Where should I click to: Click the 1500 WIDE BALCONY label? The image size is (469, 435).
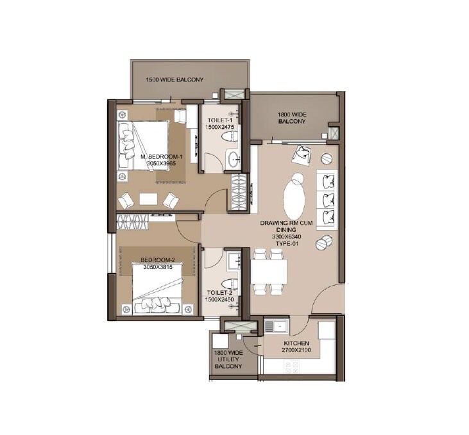pyautogui.click(x=175, y=80)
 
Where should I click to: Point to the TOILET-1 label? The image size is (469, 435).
pyautogui.click(x=221, y=120)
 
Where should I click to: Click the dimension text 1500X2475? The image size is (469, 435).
pyautogui.click(x=221, y=127)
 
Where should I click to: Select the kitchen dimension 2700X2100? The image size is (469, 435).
pyautogui.click(x=297, y=351)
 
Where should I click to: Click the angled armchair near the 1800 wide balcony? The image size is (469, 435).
pyautogui.click(x=302, y=154)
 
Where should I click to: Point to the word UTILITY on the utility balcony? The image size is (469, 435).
pyautogui.click(x=228, y=359)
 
